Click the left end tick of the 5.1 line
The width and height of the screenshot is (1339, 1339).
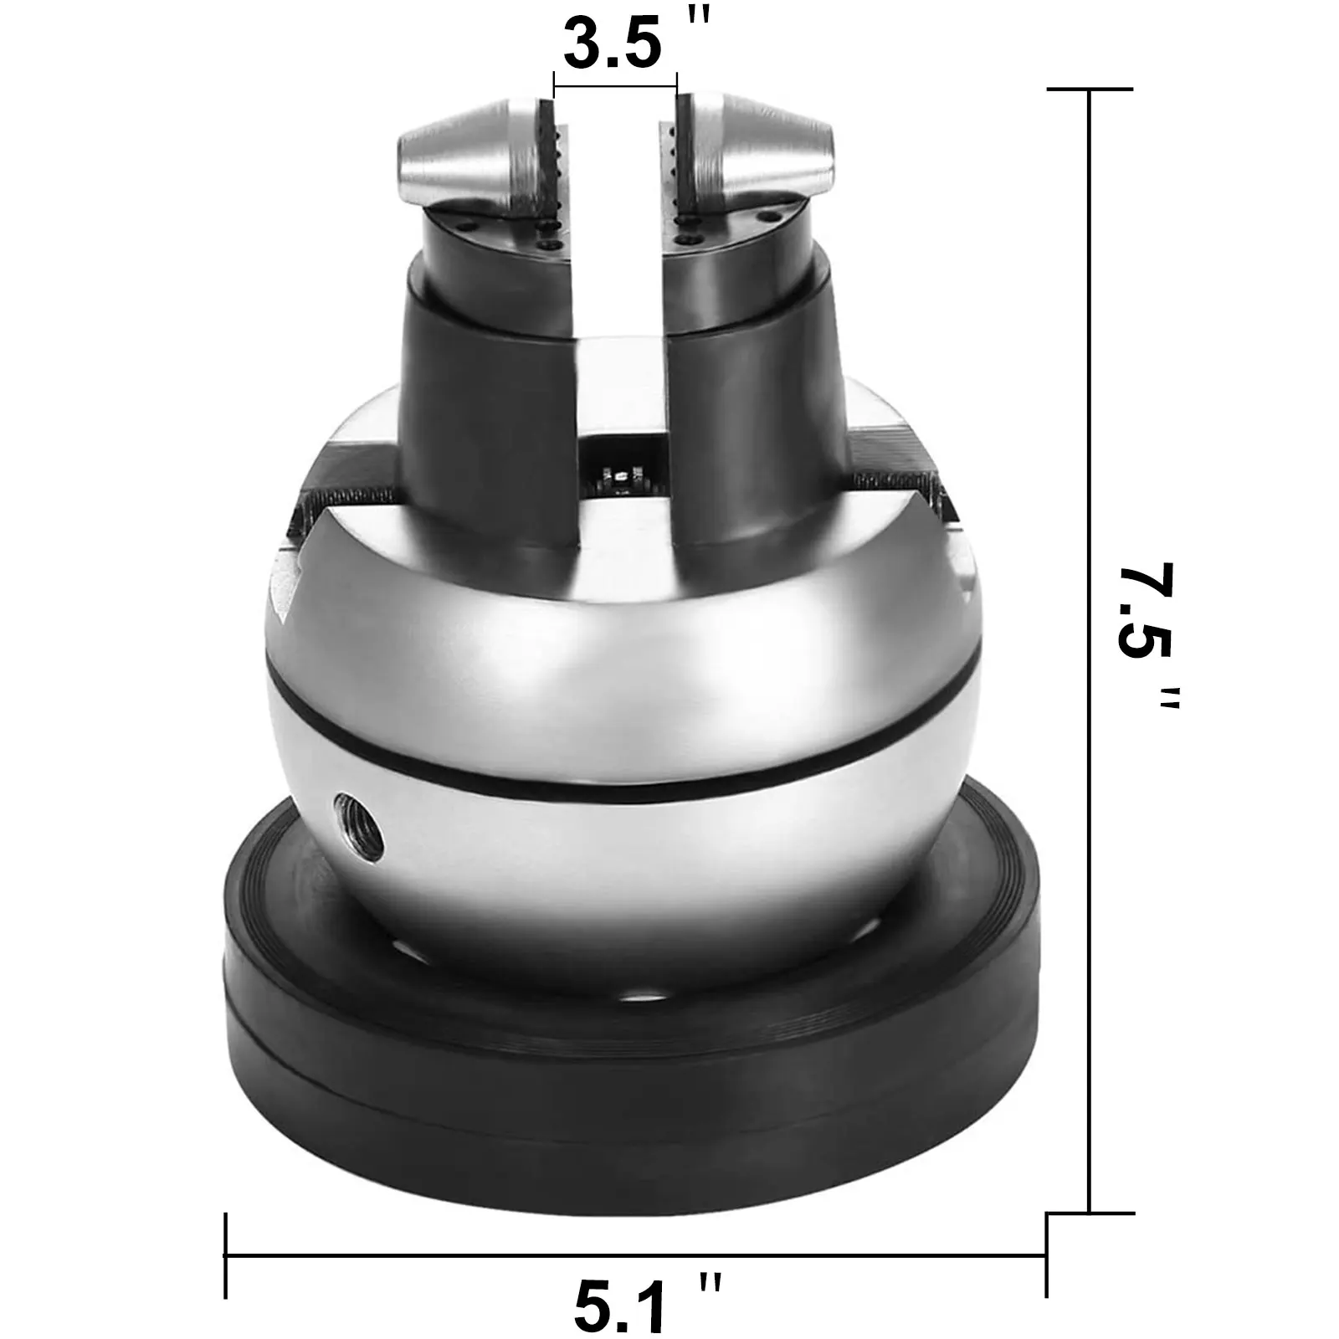click(x=226, y=1254)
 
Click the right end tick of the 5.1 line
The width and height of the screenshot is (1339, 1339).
click(x=1046, y=1254)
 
